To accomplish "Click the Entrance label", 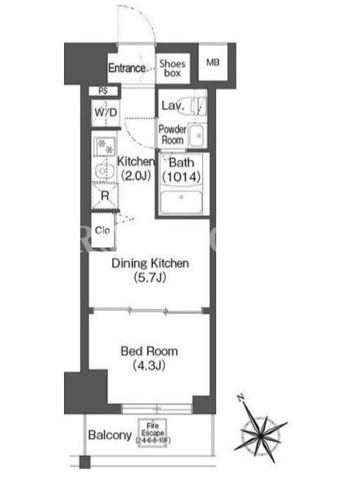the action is click(x=127, y=68).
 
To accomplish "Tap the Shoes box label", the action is click(x=172, y=68).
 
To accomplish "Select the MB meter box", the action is click(x=213, y=62).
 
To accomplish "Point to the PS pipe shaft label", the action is click(x=103, y=91).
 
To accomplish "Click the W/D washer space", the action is click(x=106, y=112).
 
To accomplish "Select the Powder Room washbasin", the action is click(x=197, y=136).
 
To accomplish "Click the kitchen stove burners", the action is click(x=106, y=146).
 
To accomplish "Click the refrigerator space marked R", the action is click(x=105, y=196).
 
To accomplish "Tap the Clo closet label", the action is click(x=102, y=230).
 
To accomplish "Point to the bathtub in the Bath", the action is click(x=181, y=202).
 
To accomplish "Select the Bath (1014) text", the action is click(x=182, y=170).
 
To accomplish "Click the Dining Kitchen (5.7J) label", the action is click(x=150, y=271).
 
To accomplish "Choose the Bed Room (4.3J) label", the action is click(x=149, y=358).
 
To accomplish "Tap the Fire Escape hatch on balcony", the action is click(x=152, y=433).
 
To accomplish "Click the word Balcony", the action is click(x=110, y=435).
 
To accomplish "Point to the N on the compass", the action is click(x=241, y=398).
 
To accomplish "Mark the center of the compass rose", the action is click(x=260, y=436).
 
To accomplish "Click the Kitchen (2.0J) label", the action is click(x=136, y=169).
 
